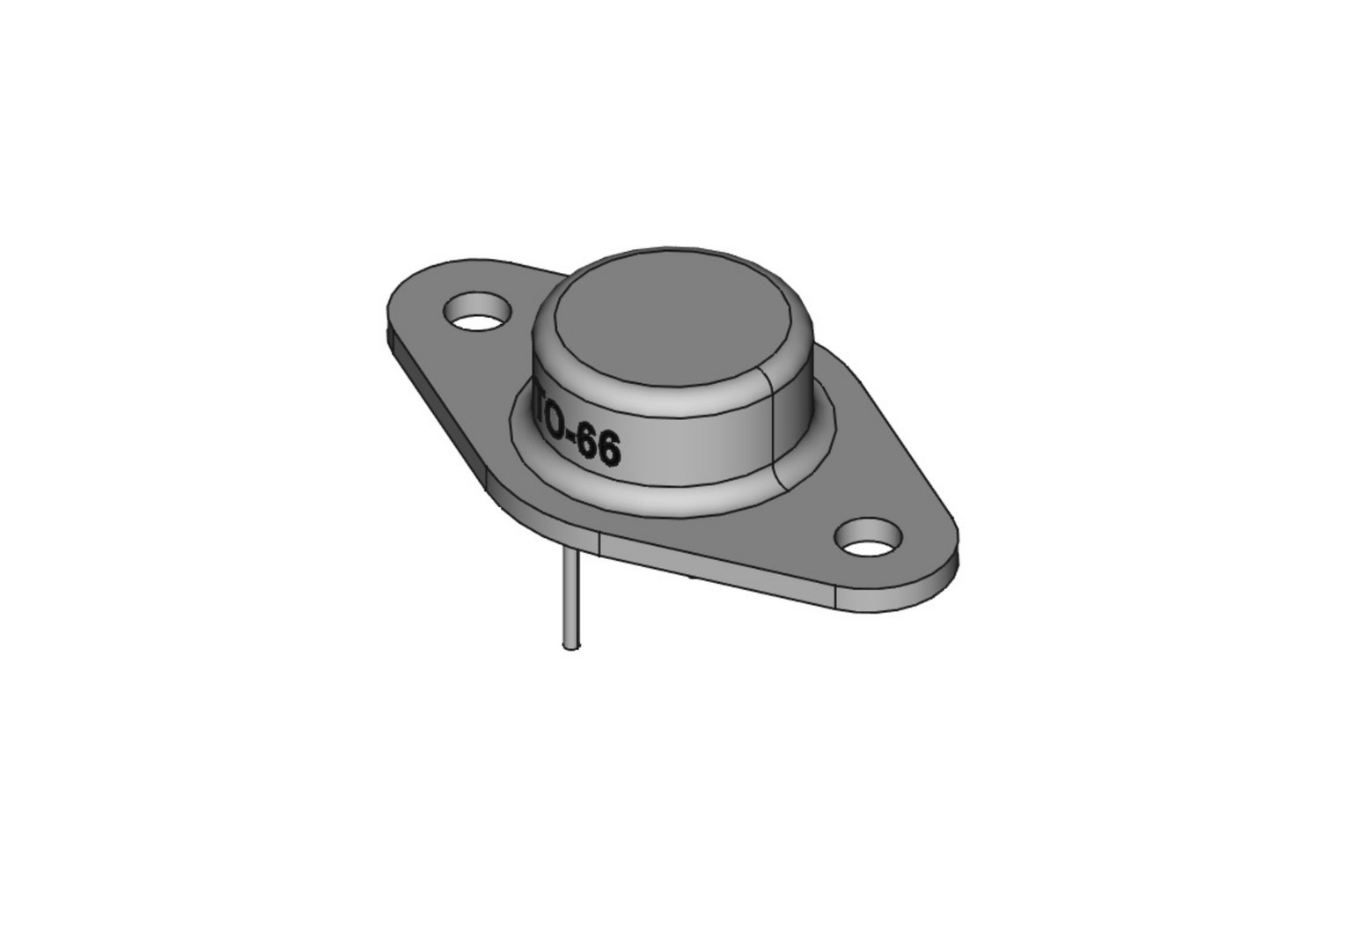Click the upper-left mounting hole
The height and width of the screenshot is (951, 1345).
pyautogui.click(x=478, y=313)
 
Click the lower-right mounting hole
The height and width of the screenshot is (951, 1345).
pyautogui.click(x=870, y=536)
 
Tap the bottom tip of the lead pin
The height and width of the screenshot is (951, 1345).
pyautogui.click(x=570, y=647)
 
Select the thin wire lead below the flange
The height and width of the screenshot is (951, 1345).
pyautogui.click(x=570, y=599)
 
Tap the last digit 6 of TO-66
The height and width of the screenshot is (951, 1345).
pyautogui.click(x=607, y=451)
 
